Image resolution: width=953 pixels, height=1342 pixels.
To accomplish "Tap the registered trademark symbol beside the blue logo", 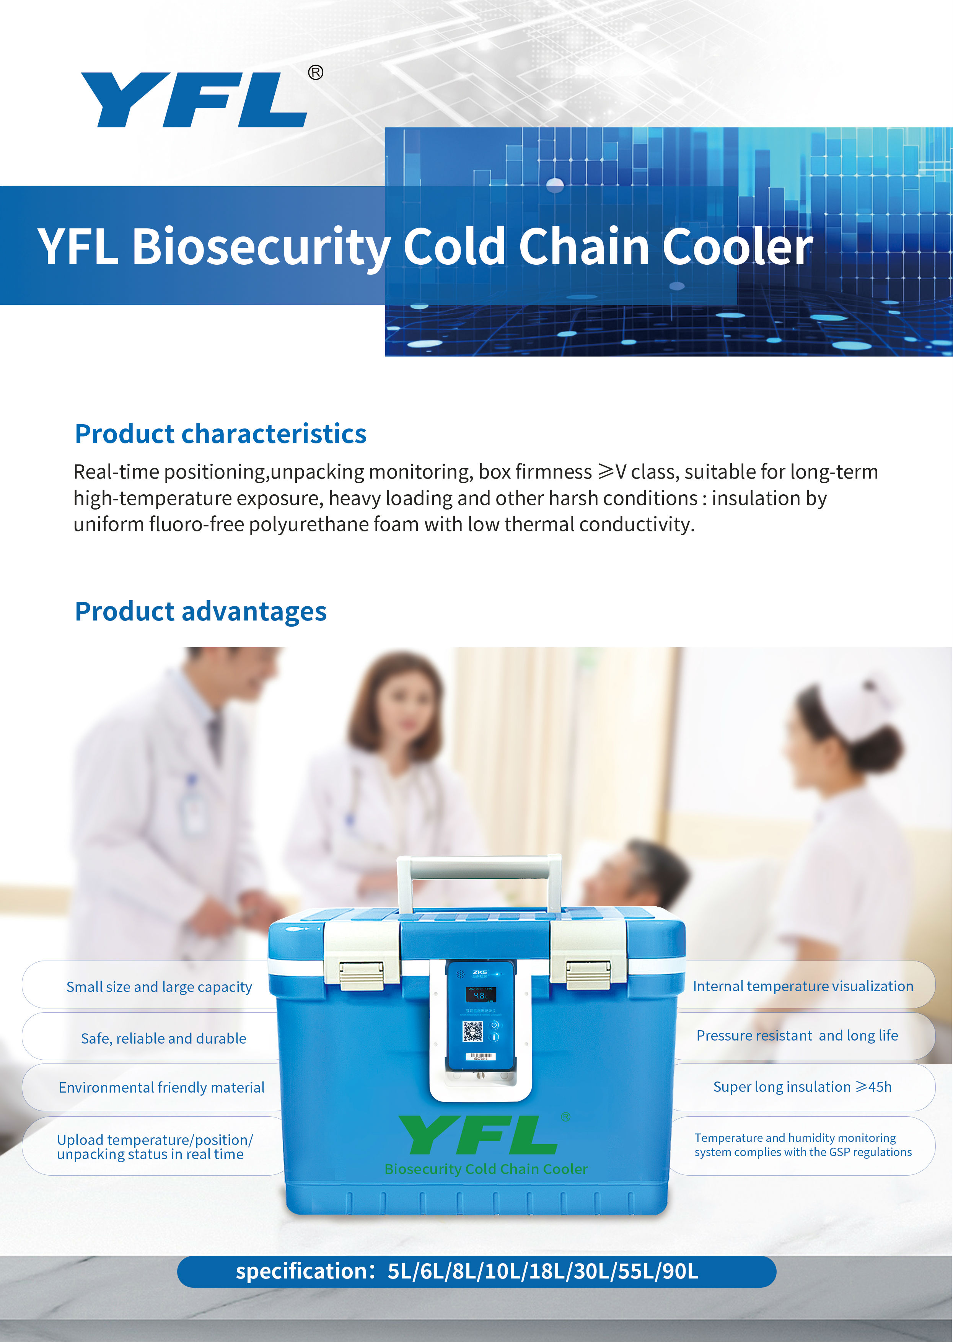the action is [316, 72].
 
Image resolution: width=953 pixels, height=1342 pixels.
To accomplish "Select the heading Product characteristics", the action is [221, 434].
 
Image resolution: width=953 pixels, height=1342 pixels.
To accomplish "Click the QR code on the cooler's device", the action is [472, 1031].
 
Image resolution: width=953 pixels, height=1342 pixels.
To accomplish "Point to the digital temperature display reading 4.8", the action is [481, 995].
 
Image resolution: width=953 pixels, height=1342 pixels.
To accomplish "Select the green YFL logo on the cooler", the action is [478, 1135].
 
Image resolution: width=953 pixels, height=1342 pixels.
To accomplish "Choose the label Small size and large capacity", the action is [159, 987].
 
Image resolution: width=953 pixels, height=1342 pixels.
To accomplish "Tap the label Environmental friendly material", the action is [162, 1087].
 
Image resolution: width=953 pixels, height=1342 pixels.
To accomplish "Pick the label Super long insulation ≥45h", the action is [802, 1087].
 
